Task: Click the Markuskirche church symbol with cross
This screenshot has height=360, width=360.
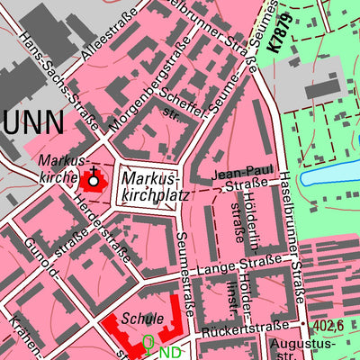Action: pos(93,180)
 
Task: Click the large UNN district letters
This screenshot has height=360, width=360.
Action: pos(32,121)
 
